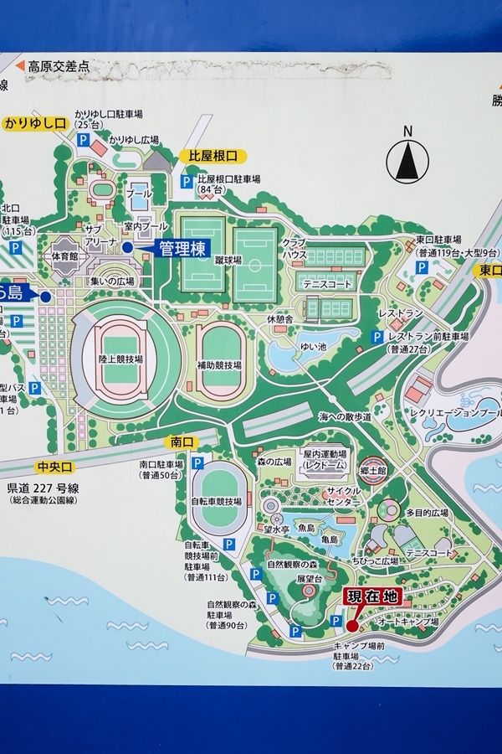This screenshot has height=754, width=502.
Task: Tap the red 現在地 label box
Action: click(372, 596)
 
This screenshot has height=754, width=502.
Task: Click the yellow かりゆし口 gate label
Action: click(35, 124)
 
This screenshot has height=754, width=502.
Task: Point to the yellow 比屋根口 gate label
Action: click(213, 156)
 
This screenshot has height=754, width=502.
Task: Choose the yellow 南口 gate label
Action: click(182, 442)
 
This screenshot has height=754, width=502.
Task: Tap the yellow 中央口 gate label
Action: click(56, 467)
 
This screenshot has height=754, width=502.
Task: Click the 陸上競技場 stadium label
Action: click(120, 359)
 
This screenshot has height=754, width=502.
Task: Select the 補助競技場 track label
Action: click(221, 365)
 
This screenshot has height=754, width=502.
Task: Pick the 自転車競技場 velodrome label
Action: click(216, 501)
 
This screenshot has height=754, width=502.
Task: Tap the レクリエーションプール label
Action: click(454, 413)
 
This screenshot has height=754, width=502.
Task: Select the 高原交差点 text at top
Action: click(58, 65)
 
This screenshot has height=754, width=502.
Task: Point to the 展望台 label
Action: click(308, 579)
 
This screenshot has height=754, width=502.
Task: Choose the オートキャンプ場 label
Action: click(408, 622)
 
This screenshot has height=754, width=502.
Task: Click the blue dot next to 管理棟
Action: click(127, 247)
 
